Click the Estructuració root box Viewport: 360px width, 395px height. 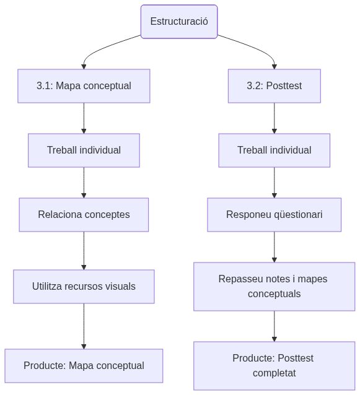point(179,22)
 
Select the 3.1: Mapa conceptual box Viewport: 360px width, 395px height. point(84,85)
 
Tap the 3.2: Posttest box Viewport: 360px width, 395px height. point(274,85)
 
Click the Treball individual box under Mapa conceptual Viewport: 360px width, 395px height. point(84,150)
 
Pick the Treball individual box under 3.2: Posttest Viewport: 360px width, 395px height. point(274,150)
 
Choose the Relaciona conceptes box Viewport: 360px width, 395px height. point(84,214)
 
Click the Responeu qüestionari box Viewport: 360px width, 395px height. point(274,214)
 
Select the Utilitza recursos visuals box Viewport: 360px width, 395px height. point(84,286)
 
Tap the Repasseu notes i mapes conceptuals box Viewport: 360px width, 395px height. point(274,286)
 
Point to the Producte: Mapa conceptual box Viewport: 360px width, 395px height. point(84,365)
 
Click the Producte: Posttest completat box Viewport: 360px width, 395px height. point(274,365)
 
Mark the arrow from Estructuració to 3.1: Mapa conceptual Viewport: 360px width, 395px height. point(105,47)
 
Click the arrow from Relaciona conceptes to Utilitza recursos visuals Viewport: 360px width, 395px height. point(84,250)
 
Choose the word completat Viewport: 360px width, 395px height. point(274,373)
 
